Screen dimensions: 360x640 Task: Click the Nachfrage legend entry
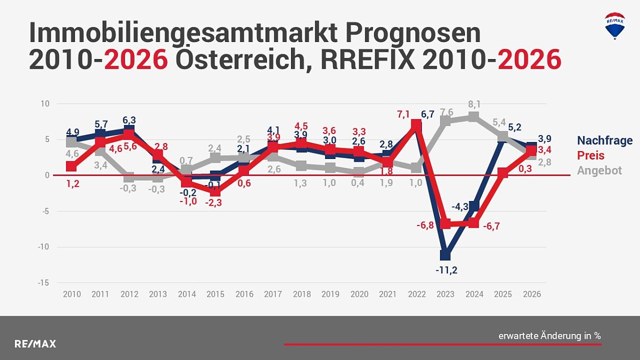605,140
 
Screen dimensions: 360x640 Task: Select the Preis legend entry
591,156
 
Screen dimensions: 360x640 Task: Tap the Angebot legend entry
599,171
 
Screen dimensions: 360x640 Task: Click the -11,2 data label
446,270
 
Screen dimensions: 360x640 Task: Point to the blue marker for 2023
446,255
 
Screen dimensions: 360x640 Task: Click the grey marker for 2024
474,117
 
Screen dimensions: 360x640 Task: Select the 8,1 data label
475,104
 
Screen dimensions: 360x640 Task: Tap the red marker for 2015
215,191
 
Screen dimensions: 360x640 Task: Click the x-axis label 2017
272,294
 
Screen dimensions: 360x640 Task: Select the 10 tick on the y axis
46,104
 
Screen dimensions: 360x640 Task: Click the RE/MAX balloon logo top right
615,26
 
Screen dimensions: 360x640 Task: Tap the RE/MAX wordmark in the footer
35,344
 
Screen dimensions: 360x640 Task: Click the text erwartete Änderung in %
550,336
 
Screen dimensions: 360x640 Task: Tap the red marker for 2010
71,166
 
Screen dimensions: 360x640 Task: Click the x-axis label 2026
531,294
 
